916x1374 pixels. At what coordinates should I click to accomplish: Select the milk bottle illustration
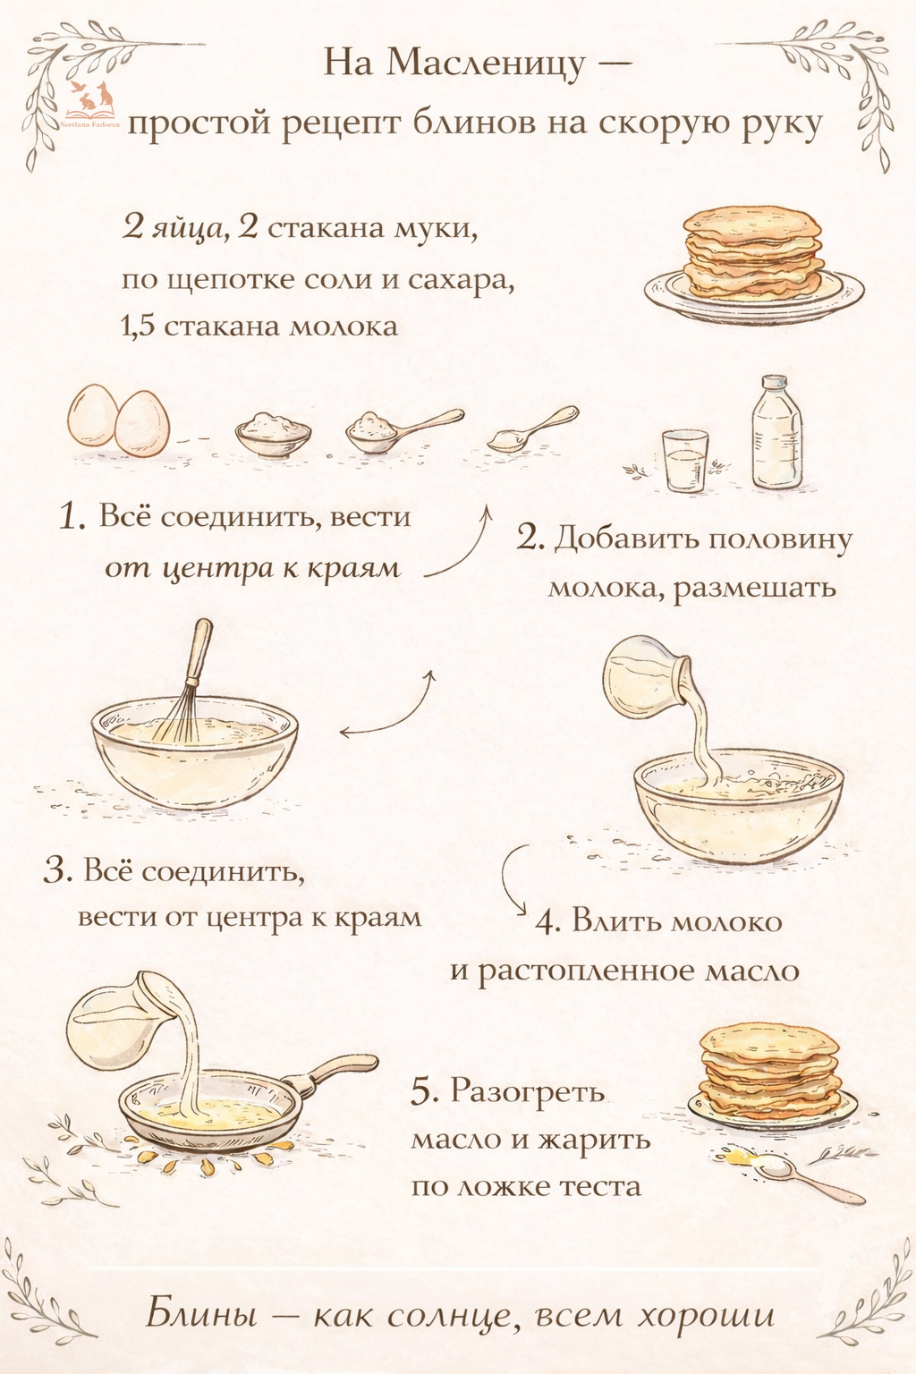click(x=777, y=432)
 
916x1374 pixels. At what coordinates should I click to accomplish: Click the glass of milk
click(x=684, y=460)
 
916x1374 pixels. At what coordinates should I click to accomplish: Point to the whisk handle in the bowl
click(x=199, y=650)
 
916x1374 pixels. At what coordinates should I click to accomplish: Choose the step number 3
click(x=57, y=870)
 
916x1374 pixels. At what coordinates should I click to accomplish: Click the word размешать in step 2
click(x=755, y=588)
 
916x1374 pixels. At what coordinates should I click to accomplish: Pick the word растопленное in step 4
click(x=585, y=971)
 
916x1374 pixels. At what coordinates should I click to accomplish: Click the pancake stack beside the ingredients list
click(x=754, y=261)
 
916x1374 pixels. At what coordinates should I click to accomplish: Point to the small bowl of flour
click(x=273, y=433)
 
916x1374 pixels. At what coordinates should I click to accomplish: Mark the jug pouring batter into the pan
click(x=116, y=1017)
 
